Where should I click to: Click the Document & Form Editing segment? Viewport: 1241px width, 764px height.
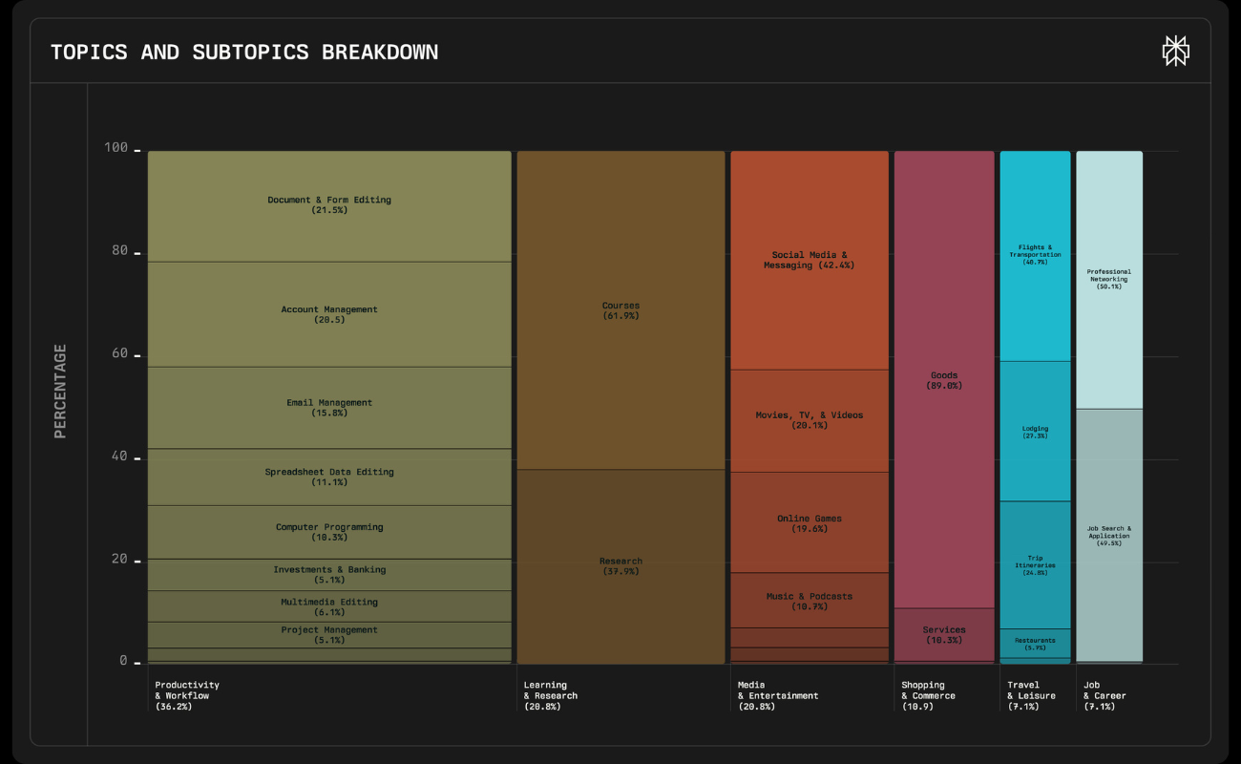(x=329, y=205)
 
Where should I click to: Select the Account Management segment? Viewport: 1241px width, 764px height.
(x=329, y=314)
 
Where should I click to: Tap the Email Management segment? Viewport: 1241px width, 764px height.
(x=329, y=408)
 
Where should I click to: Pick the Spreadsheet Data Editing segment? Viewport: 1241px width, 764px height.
(x=329, y=477)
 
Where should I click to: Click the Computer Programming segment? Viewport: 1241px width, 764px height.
(x=329, y=532)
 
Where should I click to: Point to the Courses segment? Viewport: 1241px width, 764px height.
(x=620, y=310)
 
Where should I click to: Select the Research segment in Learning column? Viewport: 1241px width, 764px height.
(x=620, y=566)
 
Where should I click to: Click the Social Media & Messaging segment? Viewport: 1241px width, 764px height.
(x=809, y=260)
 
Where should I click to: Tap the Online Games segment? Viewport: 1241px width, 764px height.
(x=809, y=523)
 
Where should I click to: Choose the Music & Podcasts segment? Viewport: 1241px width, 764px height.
(x=809, y=601)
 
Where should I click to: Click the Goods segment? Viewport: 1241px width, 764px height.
(x=943, y=380)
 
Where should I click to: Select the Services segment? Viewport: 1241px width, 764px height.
(x=943, y=634)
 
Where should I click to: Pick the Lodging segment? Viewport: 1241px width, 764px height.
(x=1035, y=432)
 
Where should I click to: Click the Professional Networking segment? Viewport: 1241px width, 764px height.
(x=1108, y=279)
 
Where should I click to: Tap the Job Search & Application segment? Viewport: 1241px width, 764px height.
(x=1108, y=535)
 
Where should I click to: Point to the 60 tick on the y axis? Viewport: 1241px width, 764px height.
(x=121, y=354)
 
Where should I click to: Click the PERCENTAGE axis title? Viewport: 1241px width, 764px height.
(x=60, y=392)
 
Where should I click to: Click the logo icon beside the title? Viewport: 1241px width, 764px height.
(x=1175, y=52)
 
